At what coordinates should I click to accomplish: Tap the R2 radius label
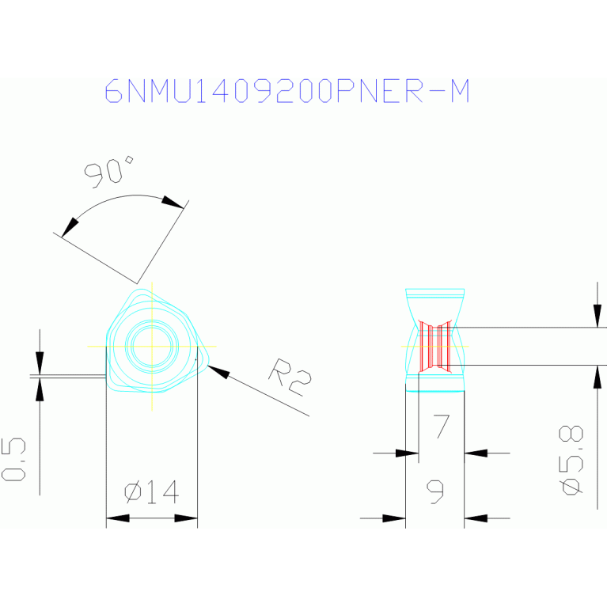(x=290, y=376)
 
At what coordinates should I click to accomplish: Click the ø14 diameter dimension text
(x=152, y=492)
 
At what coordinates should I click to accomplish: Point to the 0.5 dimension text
(x=14, y=459)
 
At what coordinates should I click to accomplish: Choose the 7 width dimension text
(x=441, y=427)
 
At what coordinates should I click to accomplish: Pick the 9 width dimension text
(x=435, y=492)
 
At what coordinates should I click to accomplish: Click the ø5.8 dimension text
(x=572, y=460)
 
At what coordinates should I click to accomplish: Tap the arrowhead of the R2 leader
(x=216, y=370)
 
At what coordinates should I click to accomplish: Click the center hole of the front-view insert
(x=151, y=345)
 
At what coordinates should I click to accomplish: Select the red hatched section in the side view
(x=435, y=346)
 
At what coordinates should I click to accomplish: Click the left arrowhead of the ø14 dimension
(x=117, y=518)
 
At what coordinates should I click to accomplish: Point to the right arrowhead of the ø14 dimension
(x=186, y=518)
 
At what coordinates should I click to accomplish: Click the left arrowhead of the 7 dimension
(x=408, y=453)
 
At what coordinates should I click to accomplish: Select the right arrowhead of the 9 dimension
(x=475, y=518)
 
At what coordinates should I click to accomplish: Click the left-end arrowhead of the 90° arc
(x=70, y=226)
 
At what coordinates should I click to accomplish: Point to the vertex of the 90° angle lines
(x=138, y=283)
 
